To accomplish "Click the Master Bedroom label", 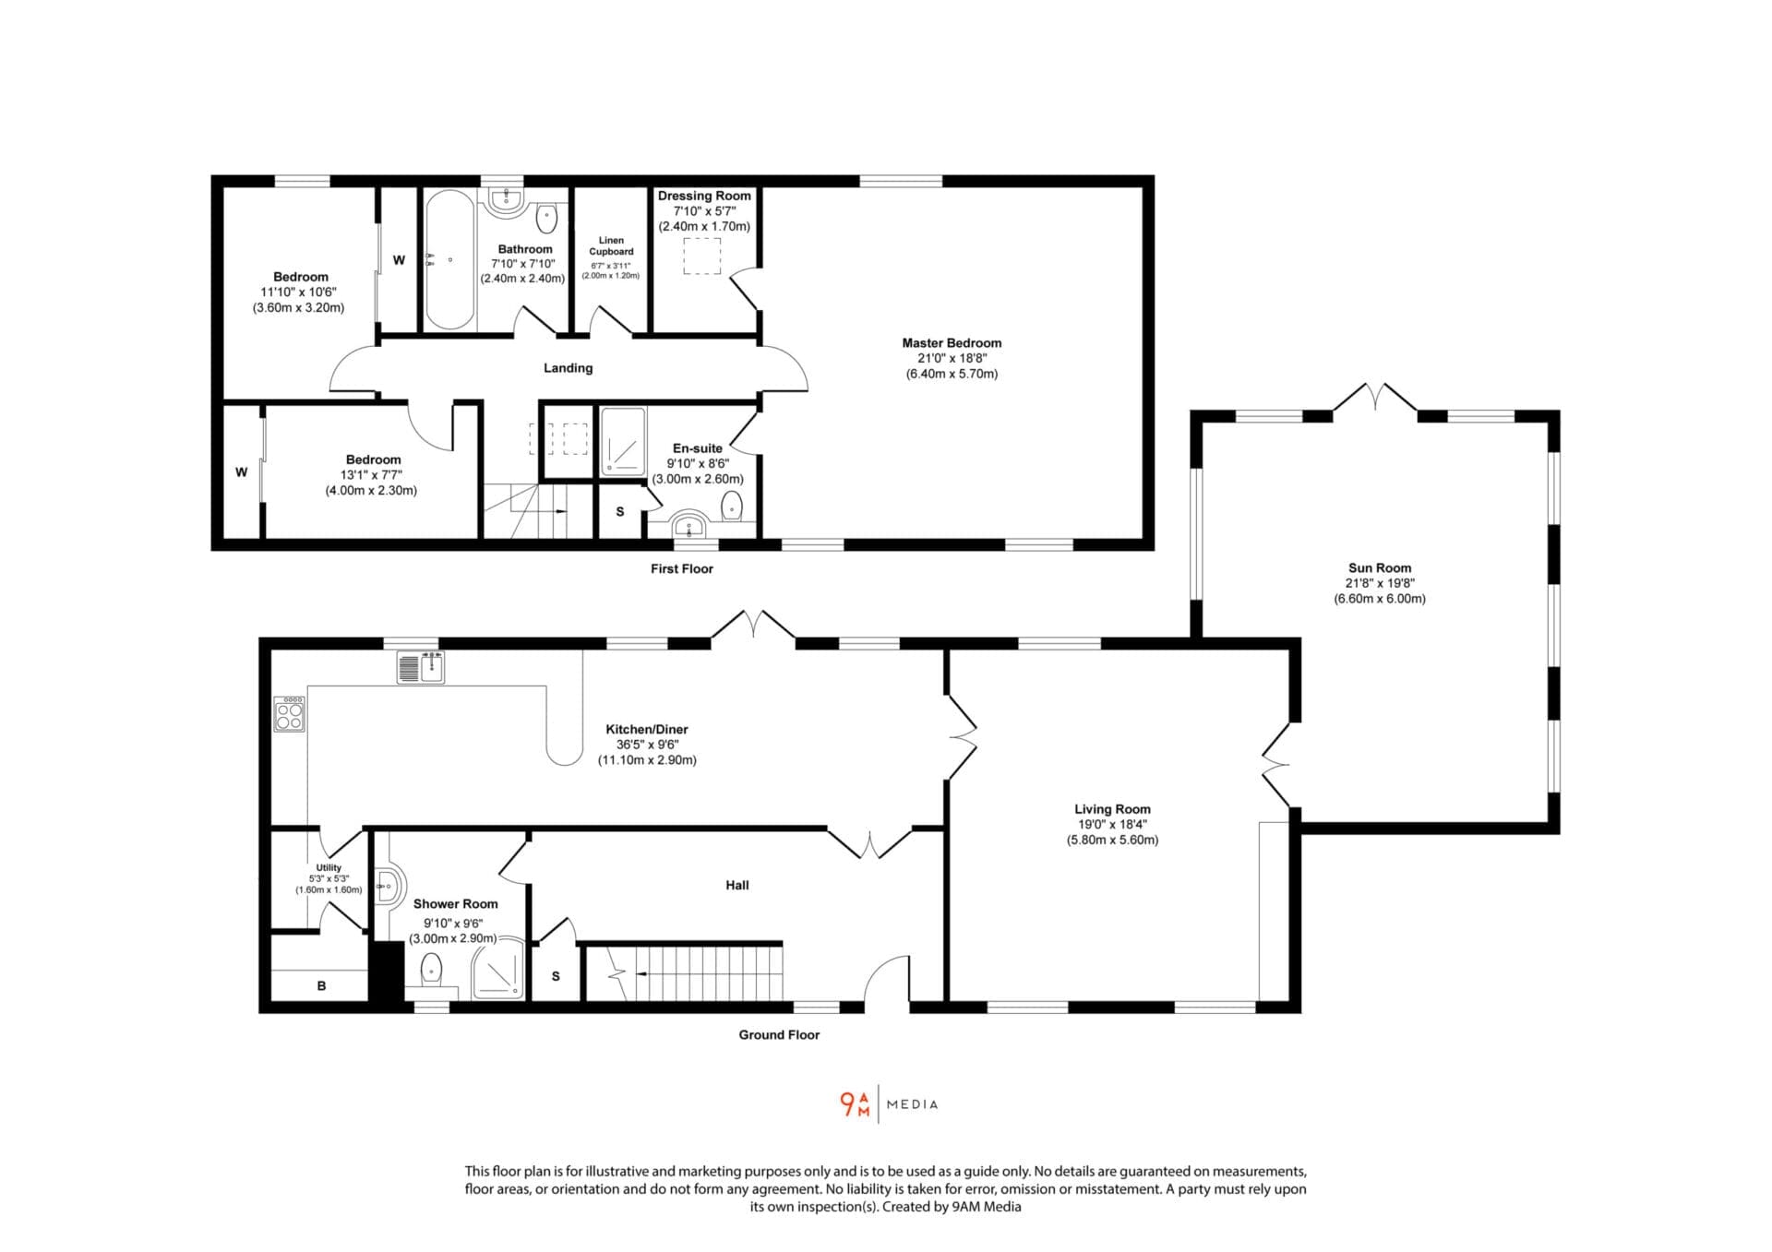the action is (952, 343).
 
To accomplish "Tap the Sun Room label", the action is (1380, 568).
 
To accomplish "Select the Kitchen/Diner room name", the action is (647, 730).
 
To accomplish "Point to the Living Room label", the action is (1112, 809).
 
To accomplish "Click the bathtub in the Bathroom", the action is (449, 260).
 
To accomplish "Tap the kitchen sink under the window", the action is (421, 667).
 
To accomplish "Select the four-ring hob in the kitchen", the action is (289, 714).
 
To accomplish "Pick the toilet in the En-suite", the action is (731, 507).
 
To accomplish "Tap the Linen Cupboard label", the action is (611, 246).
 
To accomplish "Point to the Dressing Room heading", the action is (704, 196).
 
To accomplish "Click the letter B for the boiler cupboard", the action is (321, 986).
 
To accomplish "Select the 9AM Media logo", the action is (889, 1104).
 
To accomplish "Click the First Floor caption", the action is (682, 569).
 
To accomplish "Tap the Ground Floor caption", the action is (779, 1035).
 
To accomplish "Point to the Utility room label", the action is (329, 868).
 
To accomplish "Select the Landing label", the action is (568, 368).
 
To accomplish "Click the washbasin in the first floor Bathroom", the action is (506, 201).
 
